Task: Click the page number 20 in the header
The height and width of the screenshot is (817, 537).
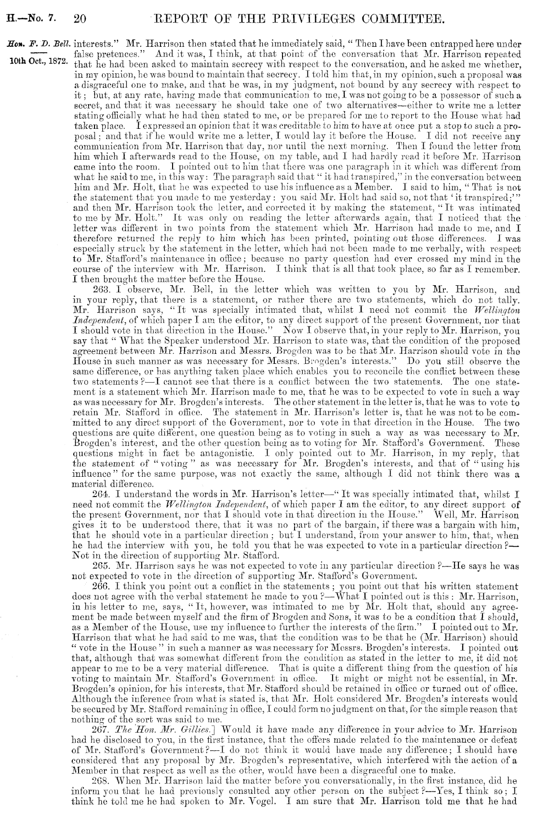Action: pos(80,19)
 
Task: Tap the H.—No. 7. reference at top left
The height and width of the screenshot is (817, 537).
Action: pos(31,20)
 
